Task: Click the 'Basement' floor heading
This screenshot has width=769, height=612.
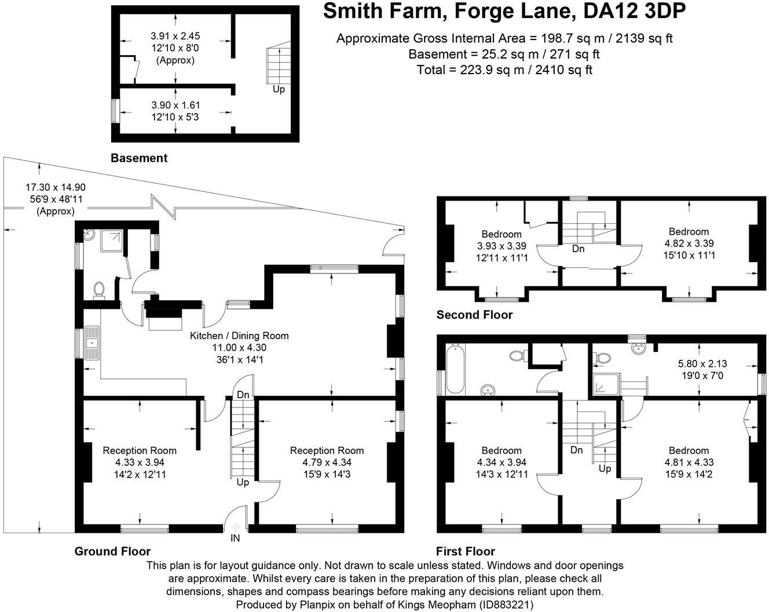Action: pos(139,158)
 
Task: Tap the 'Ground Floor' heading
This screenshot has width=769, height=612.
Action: pos(112,551)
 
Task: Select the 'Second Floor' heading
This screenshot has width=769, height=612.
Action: pos(474,315)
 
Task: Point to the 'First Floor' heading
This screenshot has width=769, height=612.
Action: pos(465,551)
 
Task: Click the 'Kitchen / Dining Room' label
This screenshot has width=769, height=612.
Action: pos(239,336)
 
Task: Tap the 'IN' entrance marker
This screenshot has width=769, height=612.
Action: pos(236,537)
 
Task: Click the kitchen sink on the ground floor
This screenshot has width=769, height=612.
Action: pos(92,342)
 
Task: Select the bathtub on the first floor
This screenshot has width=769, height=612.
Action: pos(453,369)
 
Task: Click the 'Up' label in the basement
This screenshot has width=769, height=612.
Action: pos(279,89)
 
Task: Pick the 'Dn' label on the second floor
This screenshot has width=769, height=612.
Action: pos(578,249)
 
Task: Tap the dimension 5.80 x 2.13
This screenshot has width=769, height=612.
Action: pos(702,364)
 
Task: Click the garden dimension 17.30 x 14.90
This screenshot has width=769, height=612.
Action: pos(56,187)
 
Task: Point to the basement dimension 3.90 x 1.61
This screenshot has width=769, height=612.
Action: pos(175,105)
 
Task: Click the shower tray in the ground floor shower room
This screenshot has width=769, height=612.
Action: pos(112,241)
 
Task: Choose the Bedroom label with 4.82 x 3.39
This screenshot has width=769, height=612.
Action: pos(689,232)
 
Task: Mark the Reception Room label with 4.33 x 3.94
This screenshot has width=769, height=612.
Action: pos(140,450)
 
